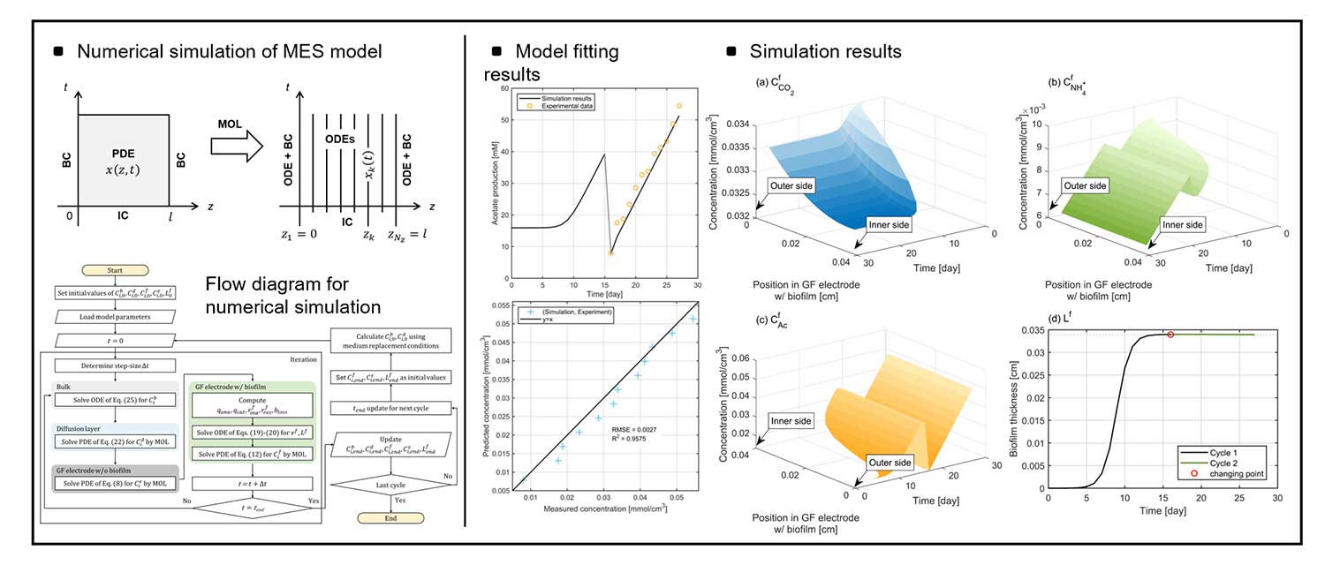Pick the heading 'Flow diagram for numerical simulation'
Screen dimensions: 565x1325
[293, 296]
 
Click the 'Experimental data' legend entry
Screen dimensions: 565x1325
[567, 105]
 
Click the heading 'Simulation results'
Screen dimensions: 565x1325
[825, 51]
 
